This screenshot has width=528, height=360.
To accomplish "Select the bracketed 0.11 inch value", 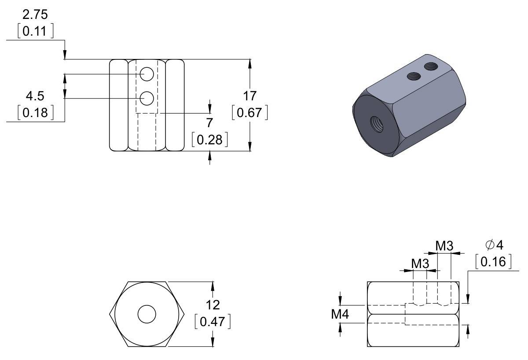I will pos(35,32).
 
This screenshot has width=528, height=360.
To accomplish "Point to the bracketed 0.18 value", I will pos(35,113).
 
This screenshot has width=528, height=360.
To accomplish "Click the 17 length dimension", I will pos(249,96).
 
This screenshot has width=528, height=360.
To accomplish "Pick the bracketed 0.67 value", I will pos(249,113).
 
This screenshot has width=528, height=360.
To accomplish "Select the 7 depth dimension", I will pos(209,123).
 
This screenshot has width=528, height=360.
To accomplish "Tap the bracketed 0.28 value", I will pos(210,140).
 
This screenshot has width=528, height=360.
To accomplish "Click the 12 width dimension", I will pos(213,304).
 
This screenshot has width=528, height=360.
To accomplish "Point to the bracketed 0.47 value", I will pos(213,321).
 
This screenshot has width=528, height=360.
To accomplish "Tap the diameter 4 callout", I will pos(493,245).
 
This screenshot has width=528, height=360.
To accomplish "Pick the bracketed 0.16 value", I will pos(493,262).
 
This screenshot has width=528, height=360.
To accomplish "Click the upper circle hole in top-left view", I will pos(147,74).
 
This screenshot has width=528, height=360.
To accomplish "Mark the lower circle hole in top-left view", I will pos(147,99).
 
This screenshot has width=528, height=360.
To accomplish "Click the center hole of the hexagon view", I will pos(147,314).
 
